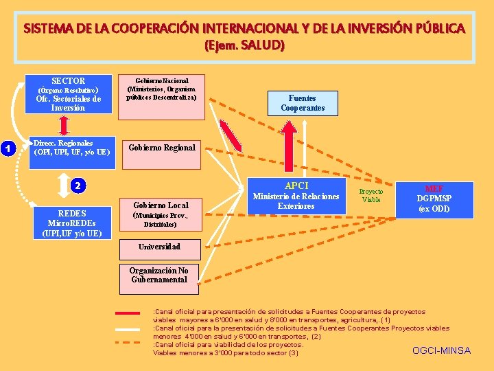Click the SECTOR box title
click(x=69, y=81)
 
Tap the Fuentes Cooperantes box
click(x=302, y=104)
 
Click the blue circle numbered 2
click(x=78, y=185)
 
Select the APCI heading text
click(x=296, y=185)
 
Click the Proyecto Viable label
click(x=371, y=195)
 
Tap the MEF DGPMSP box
click(x=434, y=199)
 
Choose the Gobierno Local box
click(x=161, y=214)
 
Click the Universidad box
click(x=159, y=247)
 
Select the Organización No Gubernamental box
click(x=158, y=275)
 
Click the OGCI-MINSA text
click(x=441, y=350)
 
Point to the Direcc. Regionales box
click(x=71, y=148)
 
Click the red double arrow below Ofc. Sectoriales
click(x=64, y=125)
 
